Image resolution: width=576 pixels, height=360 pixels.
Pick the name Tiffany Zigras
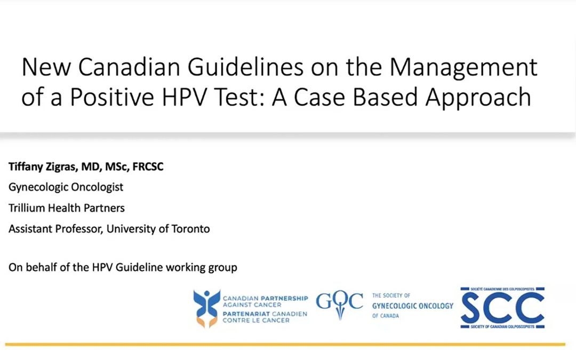(x=41, y=167)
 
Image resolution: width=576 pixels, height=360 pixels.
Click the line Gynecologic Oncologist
(x=66, y=187)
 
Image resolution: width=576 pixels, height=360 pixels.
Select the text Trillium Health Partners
(x=67, y=208)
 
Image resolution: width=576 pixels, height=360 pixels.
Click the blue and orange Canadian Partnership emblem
(x=206, y=308)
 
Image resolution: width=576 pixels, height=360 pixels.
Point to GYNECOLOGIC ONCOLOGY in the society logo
(x=412, y=306)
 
